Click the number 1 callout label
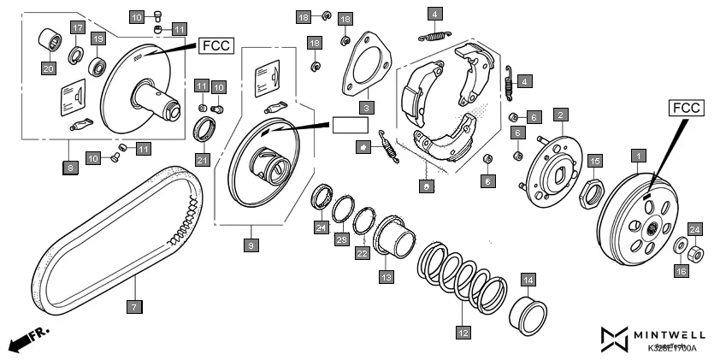(x=636, y=156)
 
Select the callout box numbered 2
(x=560, y=114)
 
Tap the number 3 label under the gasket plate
(x=365, y=107)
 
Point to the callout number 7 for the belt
(x=133, y=304)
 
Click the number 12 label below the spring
(x=463, y=333)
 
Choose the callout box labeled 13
(x=387, y=276)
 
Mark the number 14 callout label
(x=528, y=280)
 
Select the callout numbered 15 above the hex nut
(x=595, y=160)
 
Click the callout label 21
(x=202, y=159)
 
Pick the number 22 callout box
(x=362, y=254)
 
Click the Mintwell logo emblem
(x=614, y=339)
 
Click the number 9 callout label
(x=251, y=245)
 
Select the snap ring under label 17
(x=76, y=57)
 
